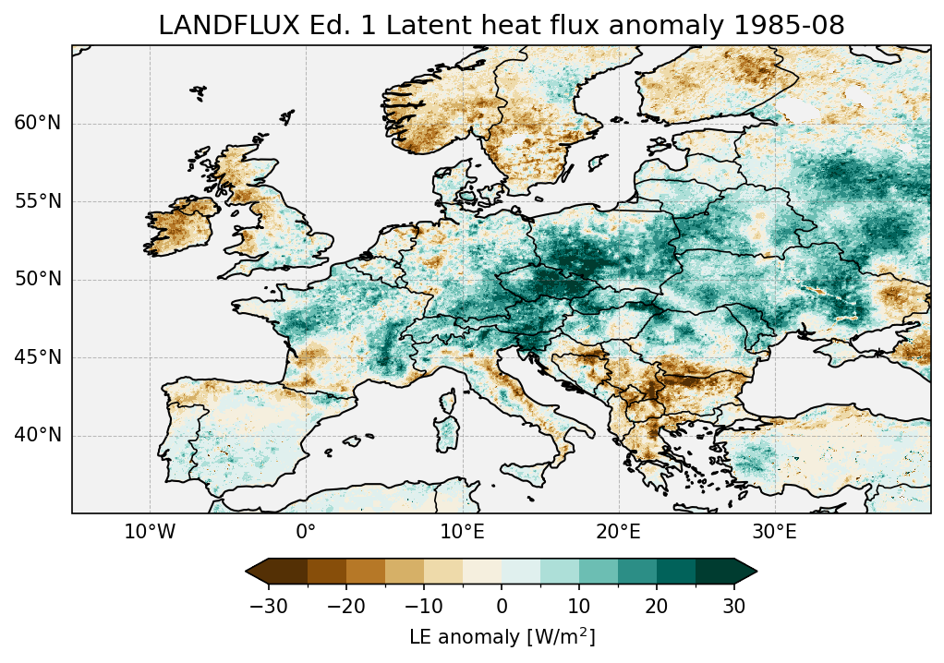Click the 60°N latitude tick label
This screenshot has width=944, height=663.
38,124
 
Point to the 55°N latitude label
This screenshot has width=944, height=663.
38,201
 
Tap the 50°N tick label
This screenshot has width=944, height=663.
38,279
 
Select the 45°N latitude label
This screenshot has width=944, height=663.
38,357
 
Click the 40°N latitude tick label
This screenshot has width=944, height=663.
38,435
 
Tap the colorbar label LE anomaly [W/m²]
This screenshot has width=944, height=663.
502,637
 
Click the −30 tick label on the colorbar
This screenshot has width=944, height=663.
268,606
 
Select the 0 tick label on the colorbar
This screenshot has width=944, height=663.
502,606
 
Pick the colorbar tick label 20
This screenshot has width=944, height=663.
657,606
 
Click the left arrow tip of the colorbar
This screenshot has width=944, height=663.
248,572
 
